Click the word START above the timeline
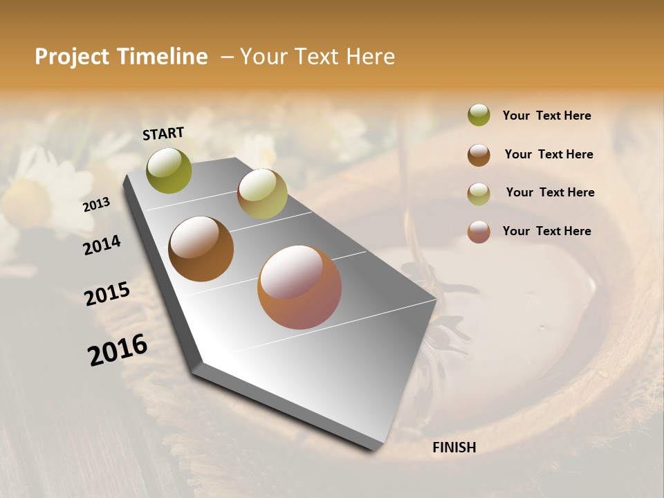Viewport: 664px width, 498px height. coord(163,133)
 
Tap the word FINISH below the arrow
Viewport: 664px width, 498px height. coord(454,448)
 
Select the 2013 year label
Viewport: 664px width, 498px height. coord(96,205)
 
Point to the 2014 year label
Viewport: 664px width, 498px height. coord(102,245)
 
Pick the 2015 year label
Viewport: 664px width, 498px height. coord(107,294)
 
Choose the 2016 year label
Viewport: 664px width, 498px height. coord(118,349)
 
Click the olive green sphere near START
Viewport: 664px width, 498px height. coord(169,170)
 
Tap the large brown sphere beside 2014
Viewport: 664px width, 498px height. coord(201,249)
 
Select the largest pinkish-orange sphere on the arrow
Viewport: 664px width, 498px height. coord(299,286)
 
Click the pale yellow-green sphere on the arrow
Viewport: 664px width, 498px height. coord(262,194)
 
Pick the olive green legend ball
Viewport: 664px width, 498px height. coord(479,116)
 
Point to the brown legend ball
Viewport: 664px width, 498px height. coord(479,155)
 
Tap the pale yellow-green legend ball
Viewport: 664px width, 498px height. coord(479,194)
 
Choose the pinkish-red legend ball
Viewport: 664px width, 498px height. coord(479,232)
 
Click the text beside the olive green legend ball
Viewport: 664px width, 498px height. coord(546,116)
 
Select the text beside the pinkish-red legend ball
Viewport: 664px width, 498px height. coord(546,231)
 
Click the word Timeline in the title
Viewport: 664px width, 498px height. coord(162,57)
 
